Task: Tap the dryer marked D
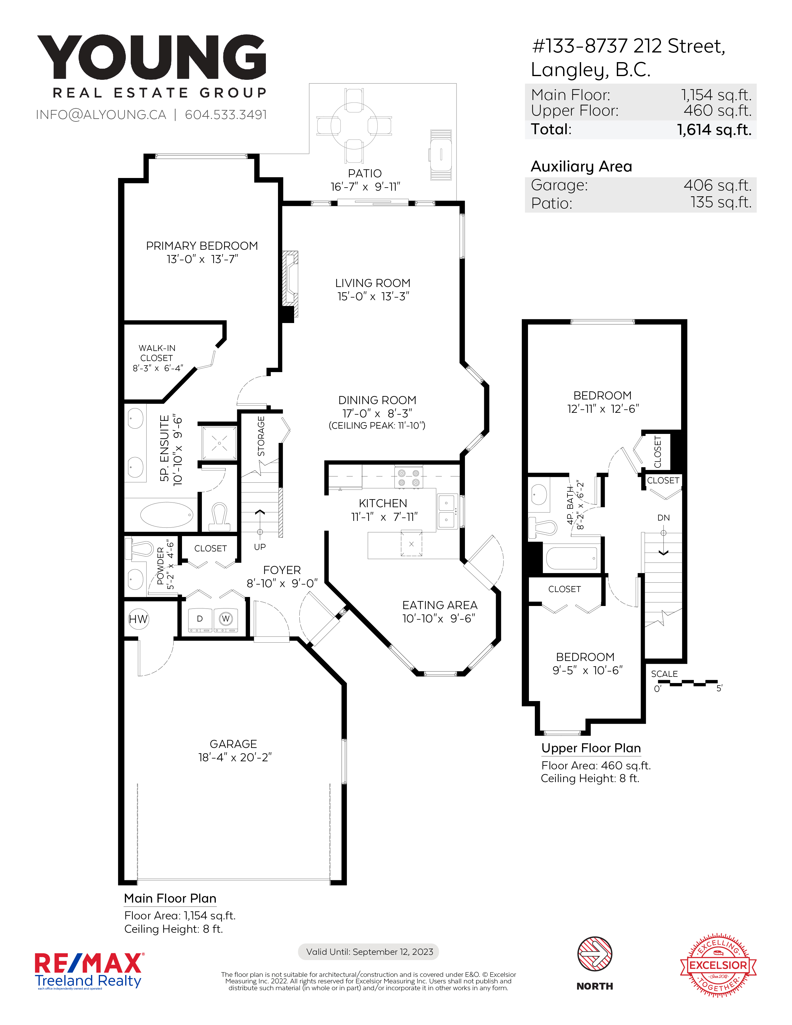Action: pyautogui.click(x=200, y=620)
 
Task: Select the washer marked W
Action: pyautogui.click(x=226, y=620)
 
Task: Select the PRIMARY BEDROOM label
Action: pyautogui.click(x=202, y=246)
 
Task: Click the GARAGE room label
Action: pyautogui.click(x=233, y=744)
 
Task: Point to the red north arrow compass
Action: pyautogui.click(x=594, y=954)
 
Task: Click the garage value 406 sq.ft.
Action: pyautogui.click(x=717, y=185)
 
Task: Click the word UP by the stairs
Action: pyautogui.click(x=260, y=547)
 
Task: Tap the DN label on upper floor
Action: pyautogui.click(x=663, y=518)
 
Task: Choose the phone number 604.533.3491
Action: pyautogui.click(x=226, y=115)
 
